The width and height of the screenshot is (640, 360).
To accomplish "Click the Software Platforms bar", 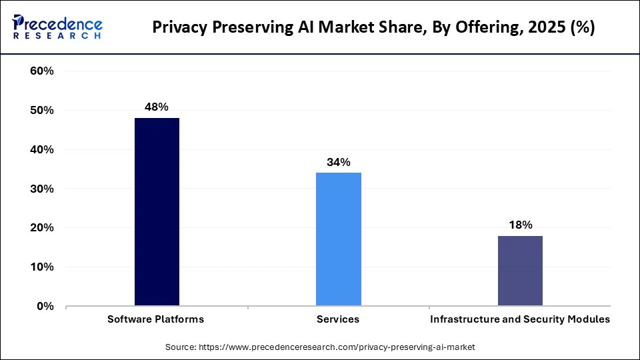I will (157, 212).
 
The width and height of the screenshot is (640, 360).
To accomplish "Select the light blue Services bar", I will (339, 239).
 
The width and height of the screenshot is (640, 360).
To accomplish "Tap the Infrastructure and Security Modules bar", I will (520, 271).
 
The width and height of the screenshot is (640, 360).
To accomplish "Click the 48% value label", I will (157, 107).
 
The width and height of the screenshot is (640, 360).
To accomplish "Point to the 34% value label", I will (339, 162).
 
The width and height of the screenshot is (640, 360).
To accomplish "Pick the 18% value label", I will (520, 225).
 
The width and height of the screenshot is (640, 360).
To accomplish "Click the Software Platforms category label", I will (156, 319).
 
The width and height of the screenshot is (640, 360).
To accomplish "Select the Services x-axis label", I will (338, 319).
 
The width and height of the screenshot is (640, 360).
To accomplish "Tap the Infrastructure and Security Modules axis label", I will (520, 319).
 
